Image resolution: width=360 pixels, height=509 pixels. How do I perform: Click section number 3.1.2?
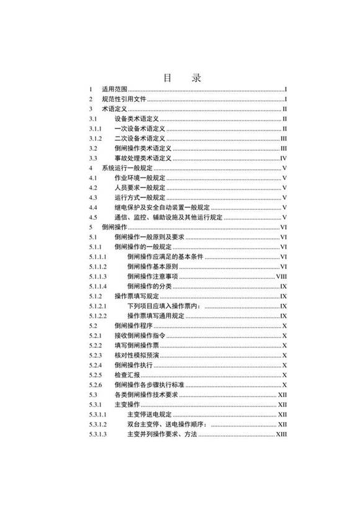(95, 138)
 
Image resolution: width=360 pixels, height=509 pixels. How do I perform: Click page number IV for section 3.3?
(282, 158)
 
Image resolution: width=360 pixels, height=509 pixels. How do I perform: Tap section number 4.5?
(92, 217)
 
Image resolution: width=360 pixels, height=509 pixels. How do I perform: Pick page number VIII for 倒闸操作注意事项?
(281, 276)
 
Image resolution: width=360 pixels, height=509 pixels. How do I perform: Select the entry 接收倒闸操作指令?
(140, 335)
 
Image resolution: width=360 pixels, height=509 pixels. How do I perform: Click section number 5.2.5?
(95, 374)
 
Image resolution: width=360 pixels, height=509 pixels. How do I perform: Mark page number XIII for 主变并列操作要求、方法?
(281, 433)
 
